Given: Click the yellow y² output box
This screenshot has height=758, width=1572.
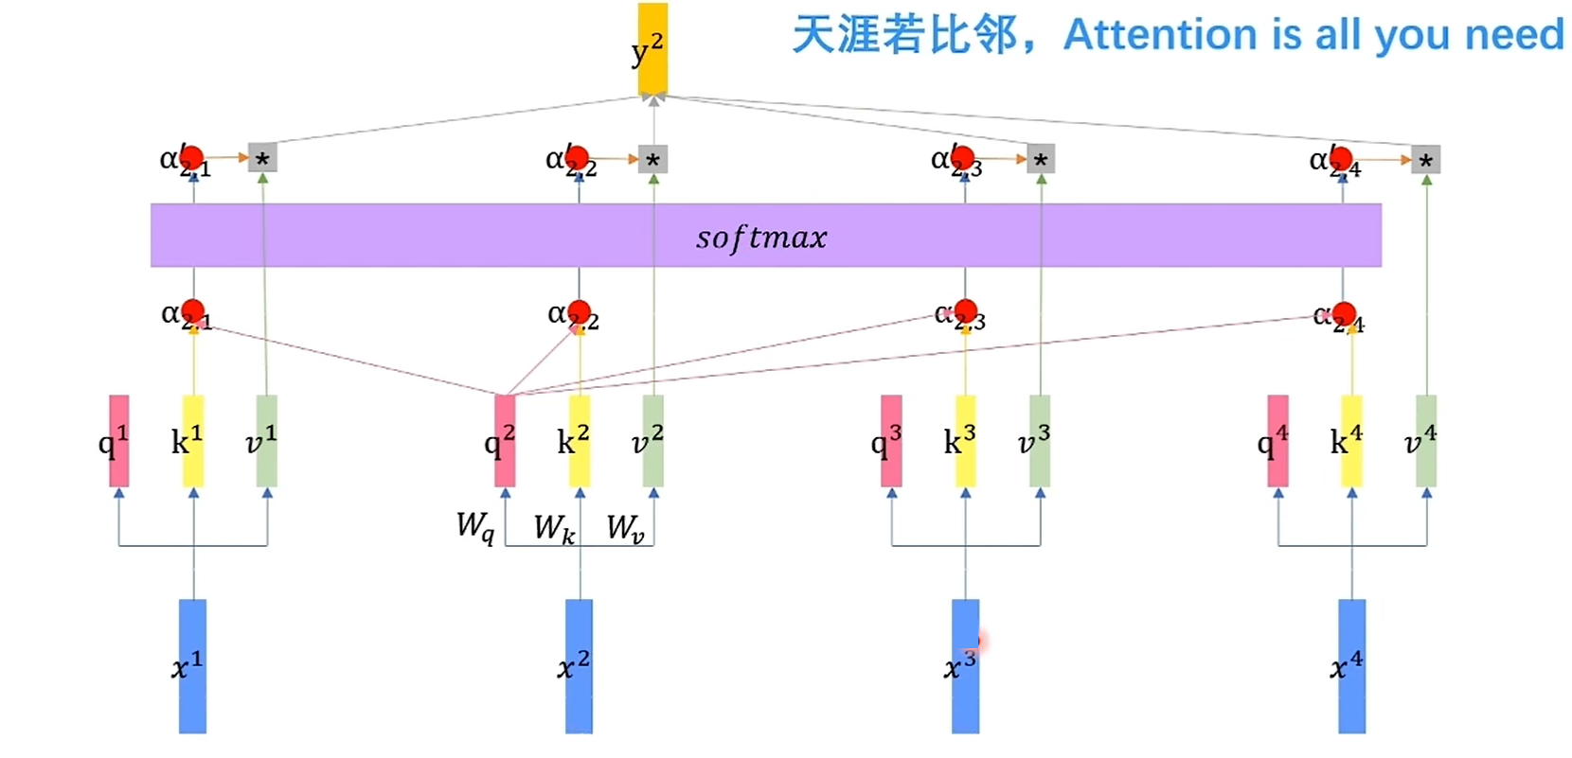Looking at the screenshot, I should click(652, 47).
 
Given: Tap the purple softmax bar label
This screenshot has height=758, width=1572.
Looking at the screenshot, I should click(761, 237).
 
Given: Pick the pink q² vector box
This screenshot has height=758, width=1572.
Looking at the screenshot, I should click(506, 441).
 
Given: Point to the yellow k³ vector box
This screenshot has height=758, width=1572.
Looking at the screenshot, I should click(965, 441).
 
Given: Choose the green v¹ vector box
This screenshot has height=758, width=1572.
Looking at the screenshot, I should click(267, 441).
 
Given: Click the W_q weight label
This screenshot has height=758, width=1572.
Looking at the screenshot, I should click(474, 526).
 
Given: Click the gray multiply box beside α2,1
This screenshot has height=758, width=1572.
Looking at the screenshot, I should click(262, 159).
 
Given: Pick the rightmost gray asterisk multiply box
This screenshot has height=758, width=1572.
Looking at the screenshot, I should click(1425, 160).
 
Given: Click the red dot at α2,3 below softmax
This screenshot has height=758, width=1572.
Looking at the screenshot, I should click(965, 310).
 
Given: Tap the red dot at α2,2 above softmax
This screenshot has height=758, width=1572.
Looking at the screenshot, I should click(577, 157).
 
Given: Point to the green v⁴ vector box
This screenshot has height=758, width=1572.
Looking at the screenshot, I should click(1426, 441).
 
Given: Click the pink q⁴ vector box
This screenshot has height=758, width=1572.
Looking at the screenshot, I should click(1278, 441).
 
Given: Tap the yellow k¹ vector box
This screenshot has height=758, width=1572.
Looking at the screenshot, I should click(193, 441).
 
